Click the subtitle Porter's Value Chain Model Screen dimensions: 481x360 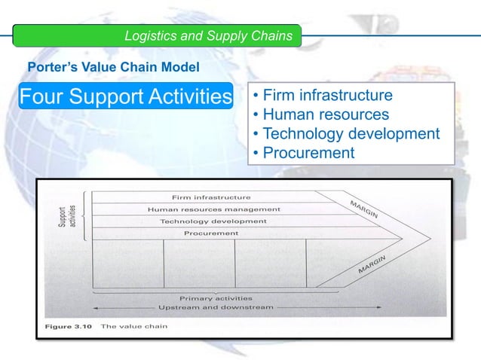pyautogui.click(x=113, y=68)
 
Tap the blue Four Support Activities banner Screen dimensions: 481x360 pyautogui.click(x=125, y=97)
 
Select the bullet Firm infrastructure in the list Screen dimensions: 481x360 pyautogui.click(x=323, y=96)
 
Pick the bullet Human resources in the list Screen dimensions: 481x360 pyautogui.click(x=320, y=115)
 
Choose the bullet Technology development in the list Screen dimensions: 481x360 pyautogui.click(x=346, y=134)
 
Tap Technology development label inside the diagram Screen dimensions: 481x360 pyautogui.click(x=213, y=221)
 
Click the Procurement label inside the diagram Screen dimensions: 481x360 pyautogui.click(x=212, y=233)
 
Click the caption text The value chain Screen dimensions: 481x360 pyautogui.click(x=134, y=327)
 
